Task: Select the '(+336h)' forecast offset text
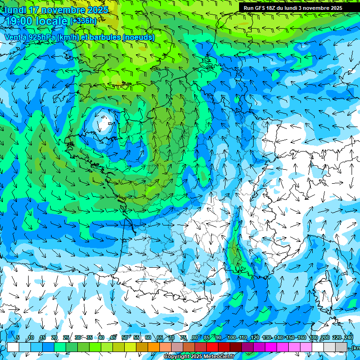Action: tap(83, 21)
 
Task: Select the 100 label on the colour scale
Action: tap(232, 337)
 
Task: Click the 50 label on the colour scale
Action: tap(125, 337)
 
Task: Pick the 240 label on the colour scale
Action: tap(348, 337)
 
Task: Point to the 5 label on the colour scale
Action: tap(18, 337)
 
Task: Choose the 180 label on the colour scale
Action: tap(313, 337)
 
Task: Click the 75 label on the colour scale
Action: tap(183, 337)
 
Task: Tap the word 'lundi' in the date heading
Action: tap(15, 10)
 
